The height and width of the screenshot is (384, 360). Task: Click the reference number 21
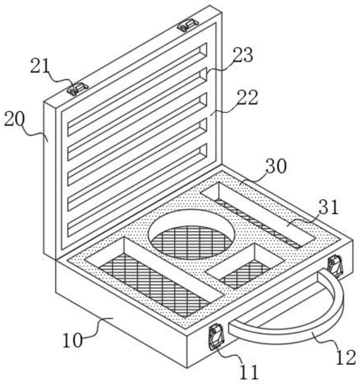[x=40, y=66]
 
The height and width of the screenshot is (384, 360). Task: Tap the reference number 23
[x=243, y=55]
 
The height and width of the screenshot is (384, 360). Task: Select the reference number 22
[x=248, y=98]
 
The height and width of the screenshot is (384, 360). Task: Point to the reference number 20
[x=15, y=119]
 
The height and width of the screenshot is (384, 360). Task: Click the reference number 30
[x=276, y=166]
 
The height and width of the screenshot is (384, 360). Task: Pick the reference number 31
[x=329, y=207]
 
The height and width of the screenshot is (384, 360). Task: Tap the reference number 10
[x=73, y=340]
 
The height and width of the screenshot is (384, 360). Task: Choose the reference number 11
[x=249, y=372]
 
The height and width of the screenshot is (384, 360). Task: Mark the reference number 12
[x=346, y=358]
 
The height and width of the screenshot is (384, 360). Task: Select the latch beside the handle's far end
[x=335, y=265]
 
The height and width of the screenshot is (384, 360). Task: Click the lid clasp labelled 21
[x=78, y=89]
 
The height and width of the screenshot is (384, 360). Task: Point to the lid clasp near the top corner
[x=188, y=25]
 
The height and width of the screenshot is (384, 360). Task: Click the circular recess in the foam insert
[x=192, y=234]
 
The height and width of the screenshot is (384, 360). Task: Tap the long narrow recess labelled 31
[x=258, y=215]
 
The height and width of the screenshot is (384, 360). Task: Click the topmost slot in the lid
[x=137, y=89]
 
